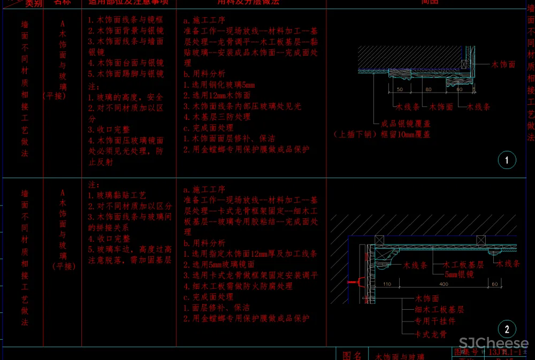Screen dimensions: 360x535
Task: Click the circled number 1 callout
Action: click(x=506, y=159)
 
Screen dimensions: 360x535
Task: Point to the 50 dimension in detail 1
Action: click(x=400, y=90)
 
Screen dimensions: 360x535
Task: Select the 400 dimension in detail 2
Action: click(x=444, y=284)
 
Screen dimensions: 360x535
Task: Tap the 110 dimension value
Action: click(x=387, y=284)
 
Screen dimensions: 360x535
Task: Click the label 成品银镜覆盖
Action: click(x=405, y=124)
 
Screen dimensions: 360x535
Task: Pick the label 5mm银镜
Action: click(x=459, y=274)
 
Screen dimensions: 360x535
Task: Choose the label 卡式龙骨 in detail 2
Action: click(x=431, y=334)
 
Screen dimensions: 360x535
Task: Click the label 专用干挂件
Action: click(x=435, y=321)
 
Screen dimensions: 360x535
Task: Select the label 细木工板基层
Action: click(x=439, y=310)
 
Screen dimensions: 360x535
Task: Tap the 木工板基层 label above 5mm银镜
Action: click(x=463, y=265)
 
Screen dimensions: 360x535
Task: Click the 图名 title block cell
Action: click(x=352, y=355)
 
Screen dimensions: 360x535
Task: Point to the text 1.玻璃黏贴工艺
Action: click(x=117, y=196)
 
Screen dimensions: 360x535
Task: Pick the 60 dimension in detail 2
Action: click(x=494, y=284)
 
